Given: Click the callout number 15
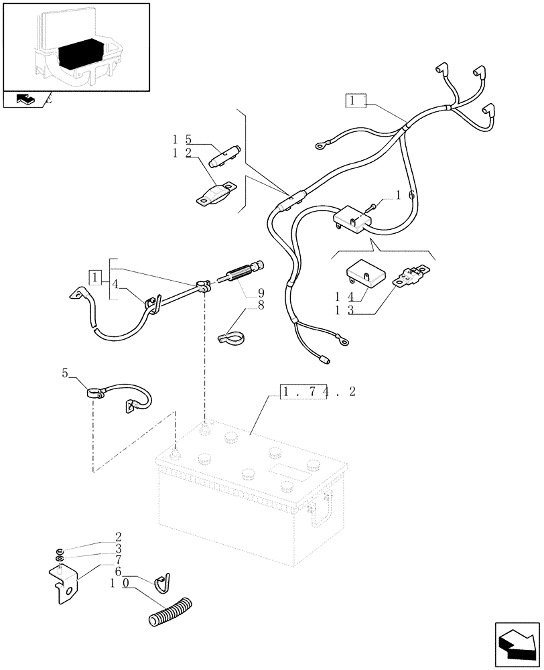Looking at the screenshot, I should coord(182,139).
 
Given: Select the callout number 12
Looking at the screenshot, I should coord(182,154).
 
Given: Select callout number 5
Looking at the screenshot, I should coord(65,374).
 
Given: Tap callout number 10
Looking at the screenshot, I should coord(120,584).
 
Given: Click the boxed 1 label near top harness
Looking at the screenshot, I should coord(355,100).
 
